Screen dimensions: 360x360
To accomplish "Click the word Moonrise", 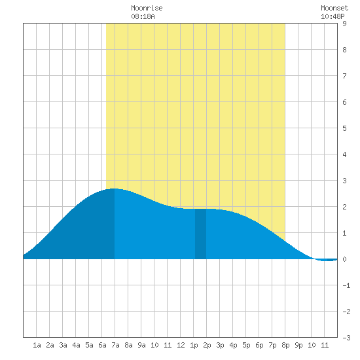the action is [x=147, y=8].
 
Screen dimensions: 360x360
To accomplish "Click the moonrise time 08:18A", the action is [x=143, y=16].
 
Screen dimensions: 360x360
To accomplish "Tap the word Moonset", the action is [x=334, y=8].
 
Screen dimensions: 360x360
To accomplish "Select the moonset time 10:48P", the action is [x=333, y=16].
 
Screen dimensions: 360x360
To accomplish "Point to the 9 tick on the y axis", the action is [x=344, y=24].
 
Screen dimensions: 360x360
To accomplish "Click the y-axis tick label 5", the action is [x=344, y=128].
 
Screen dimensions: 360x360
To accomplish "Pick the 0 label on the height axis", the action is [x=344, y=259].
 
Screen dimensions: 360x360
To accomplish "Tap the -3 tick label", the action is [x=346, y=338].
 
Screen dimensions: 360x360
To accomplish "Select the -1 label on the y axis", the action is [x=346, y=285].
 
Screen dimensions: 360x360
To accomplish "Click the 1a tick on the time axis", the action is [x=37, y=345].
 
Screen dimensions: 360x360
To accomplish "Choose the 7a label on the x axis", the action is [x=115, y=345].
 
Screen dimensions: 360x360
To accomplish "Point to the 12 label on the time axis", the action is [x=181, y=345].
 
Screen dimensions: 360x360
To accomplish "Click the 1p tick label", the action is [x=194, y=345].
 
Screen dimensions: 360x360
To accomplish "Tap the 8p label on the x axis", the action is [x=285, y=345].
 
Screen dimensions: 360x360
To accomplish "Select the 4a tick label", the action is [x=76, y=345].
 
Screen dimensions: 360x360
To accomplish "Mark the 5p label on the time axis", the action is [x=246, y=345].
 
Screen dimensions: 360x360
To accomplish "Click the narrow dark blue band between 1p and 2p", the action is [x=200, y=234].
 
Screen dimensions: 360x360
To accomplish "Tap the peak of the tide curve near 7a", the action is [x=114, y=189].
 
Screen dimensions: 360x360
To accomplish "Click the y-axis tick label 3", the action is [x=344, y=181].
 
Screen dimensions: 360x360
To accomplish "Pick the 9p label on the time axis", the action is [x=298, y=345].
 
